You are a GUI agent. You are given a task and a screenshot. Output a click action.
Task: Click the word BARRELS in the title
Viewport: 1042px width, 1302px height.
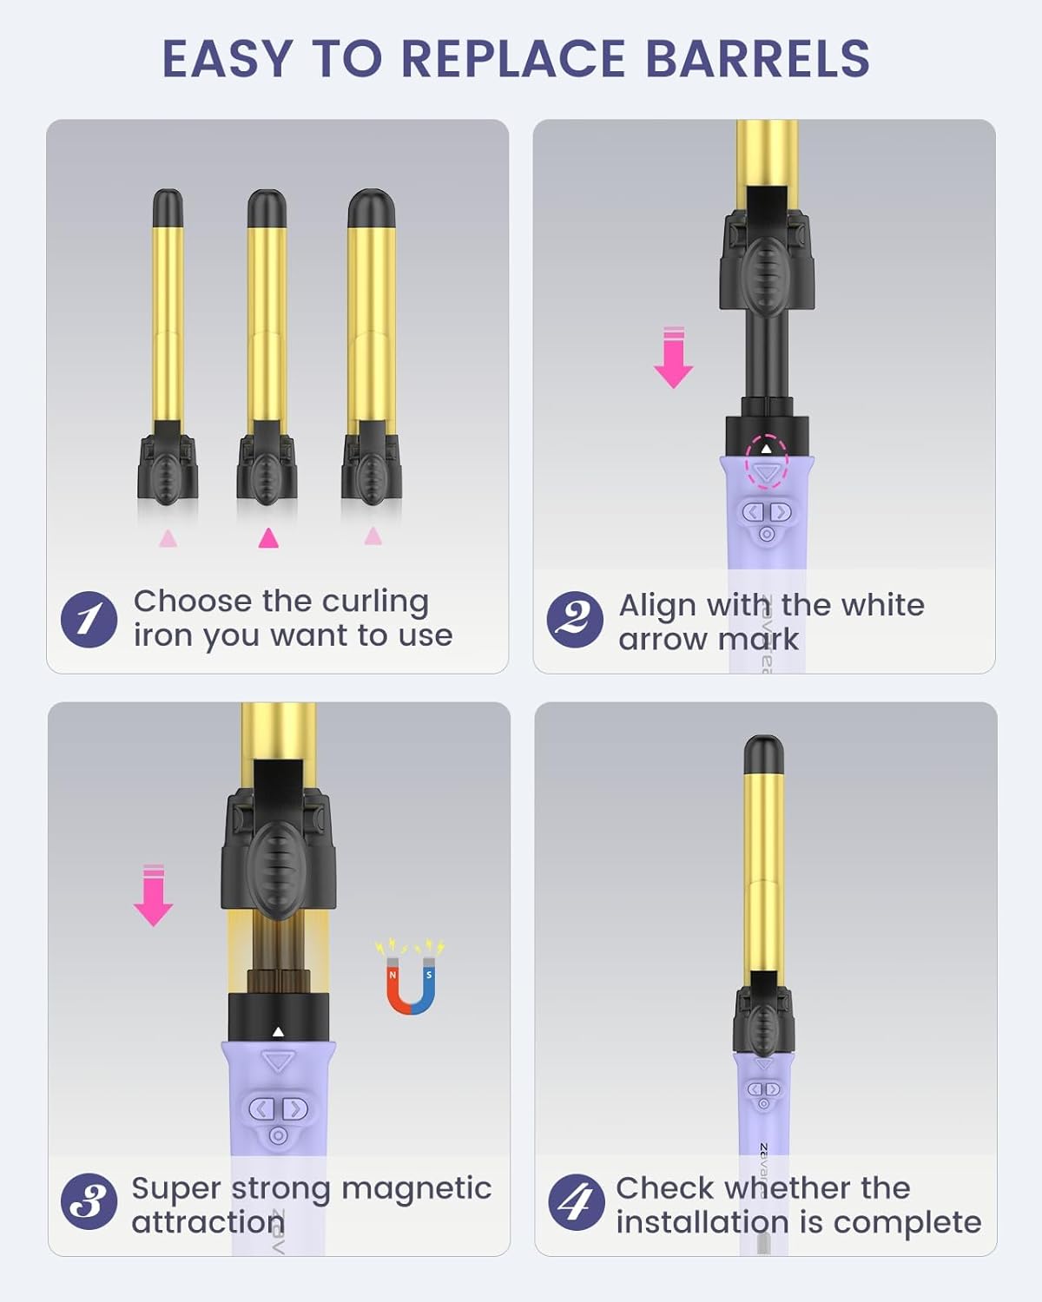click(757, 59)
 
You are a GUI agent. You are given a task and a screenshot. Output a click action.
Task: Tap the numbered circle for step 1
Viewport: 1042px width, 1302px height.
click(89, 619)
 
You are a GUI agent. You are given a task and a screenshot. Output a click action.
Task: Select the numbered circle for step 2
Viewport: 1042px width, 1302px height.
click(574, 619)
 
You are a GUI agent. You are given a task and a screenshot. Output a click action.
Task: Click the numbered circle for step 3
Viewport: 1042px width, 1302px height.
click(89, 1202)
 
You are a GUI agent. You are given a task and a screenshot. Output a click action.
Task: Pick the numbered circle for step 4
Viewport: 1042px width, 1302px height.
click(576, 1202)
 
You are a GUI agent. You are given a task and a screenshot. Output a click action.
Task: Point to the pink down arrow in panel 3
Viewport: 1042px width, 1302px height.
click(154, 896)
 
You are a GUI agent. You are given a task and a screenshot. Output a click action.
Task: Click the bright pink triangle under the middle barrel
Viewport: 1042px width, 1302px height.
click(268, 538)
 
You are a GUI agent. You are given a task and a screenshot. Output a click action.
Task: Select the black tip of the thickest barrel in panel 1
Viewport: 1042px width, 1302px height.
click(372, 208)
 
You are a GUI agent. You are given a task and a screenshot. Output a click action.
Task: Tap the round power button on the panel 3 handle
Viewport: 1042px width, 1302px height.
click(278, 1135)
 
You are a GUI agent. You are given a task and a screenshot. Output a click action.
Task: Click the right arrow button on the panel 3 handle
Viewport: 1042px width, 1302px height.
click(295, 1108)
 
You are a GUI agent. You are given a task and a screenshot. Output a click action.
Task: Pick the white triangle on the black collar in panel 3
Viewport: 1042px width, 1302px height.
click(278, 1032)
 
